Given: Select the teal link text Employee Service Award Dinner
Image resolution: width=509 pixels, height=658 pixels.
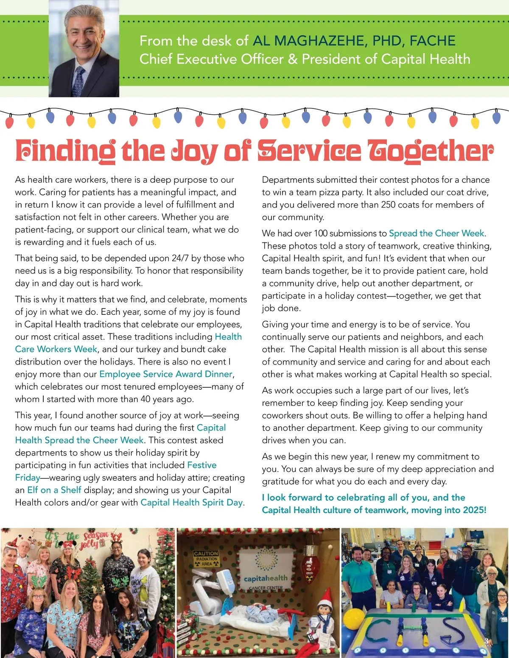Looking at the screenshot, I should point(166,374).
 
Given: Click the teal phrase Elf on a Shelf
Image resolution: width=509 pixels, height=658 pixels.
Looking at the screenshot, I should point(54,490).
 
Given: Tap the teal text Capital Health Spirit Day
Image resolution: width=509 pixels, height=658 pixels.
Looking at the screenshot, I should point(191,503).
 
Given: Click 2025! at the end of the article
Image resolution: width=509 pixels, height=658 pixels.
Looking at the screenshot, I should point(475,510).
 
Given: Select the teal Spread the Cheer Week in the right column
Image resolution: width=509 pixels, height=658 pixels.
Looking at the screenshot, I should point(436,233).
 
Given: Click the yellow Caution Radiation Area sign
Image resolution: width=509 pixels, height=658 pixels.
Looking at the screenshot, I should point(206,558).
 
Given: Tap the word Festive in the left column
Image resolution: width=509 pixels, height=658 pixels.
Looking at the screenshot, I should point(202,465).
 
